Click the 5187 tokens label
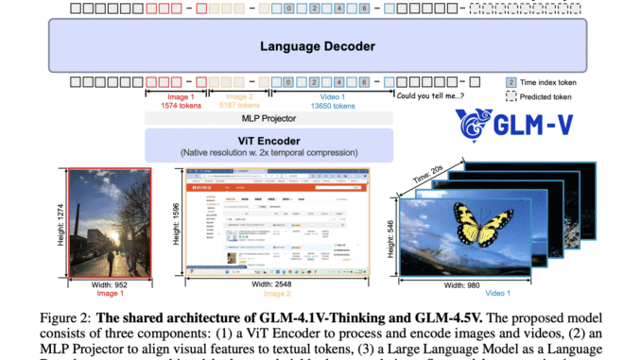250,106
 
